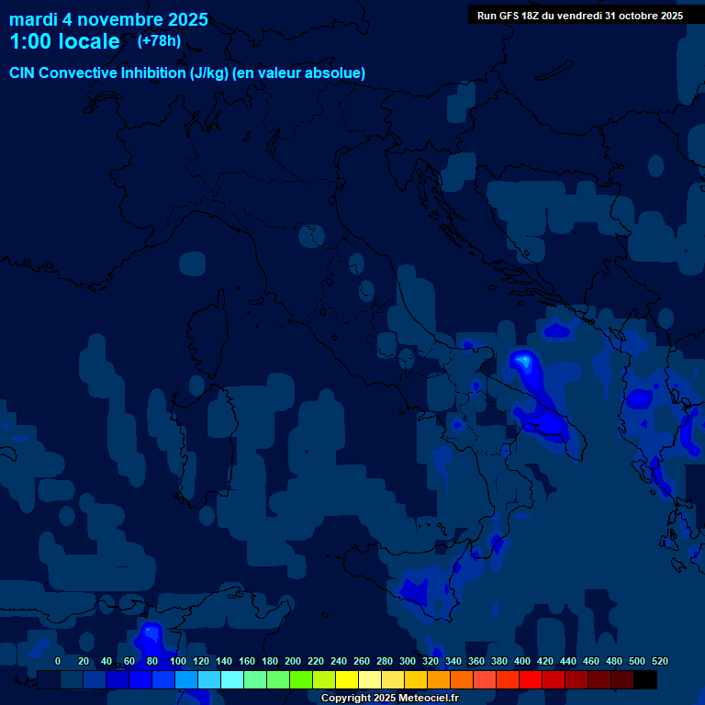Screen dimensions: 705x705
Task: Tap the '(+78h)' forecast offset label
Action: click(x=159, y=41)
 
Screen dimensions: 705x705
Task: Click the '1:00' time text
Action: click(x=30, y=41)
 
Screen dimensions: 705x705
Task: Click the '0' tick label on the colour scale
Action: click(x=58, y=661)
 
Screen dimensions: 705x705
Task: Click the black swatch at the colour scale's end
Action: click(x=645, y=679)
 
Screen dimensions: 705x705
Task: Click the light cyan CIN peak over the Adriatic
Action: click(x=523, y=362)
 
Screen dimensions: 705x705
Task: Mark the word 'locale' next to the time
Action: click(x=89, y=41)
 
